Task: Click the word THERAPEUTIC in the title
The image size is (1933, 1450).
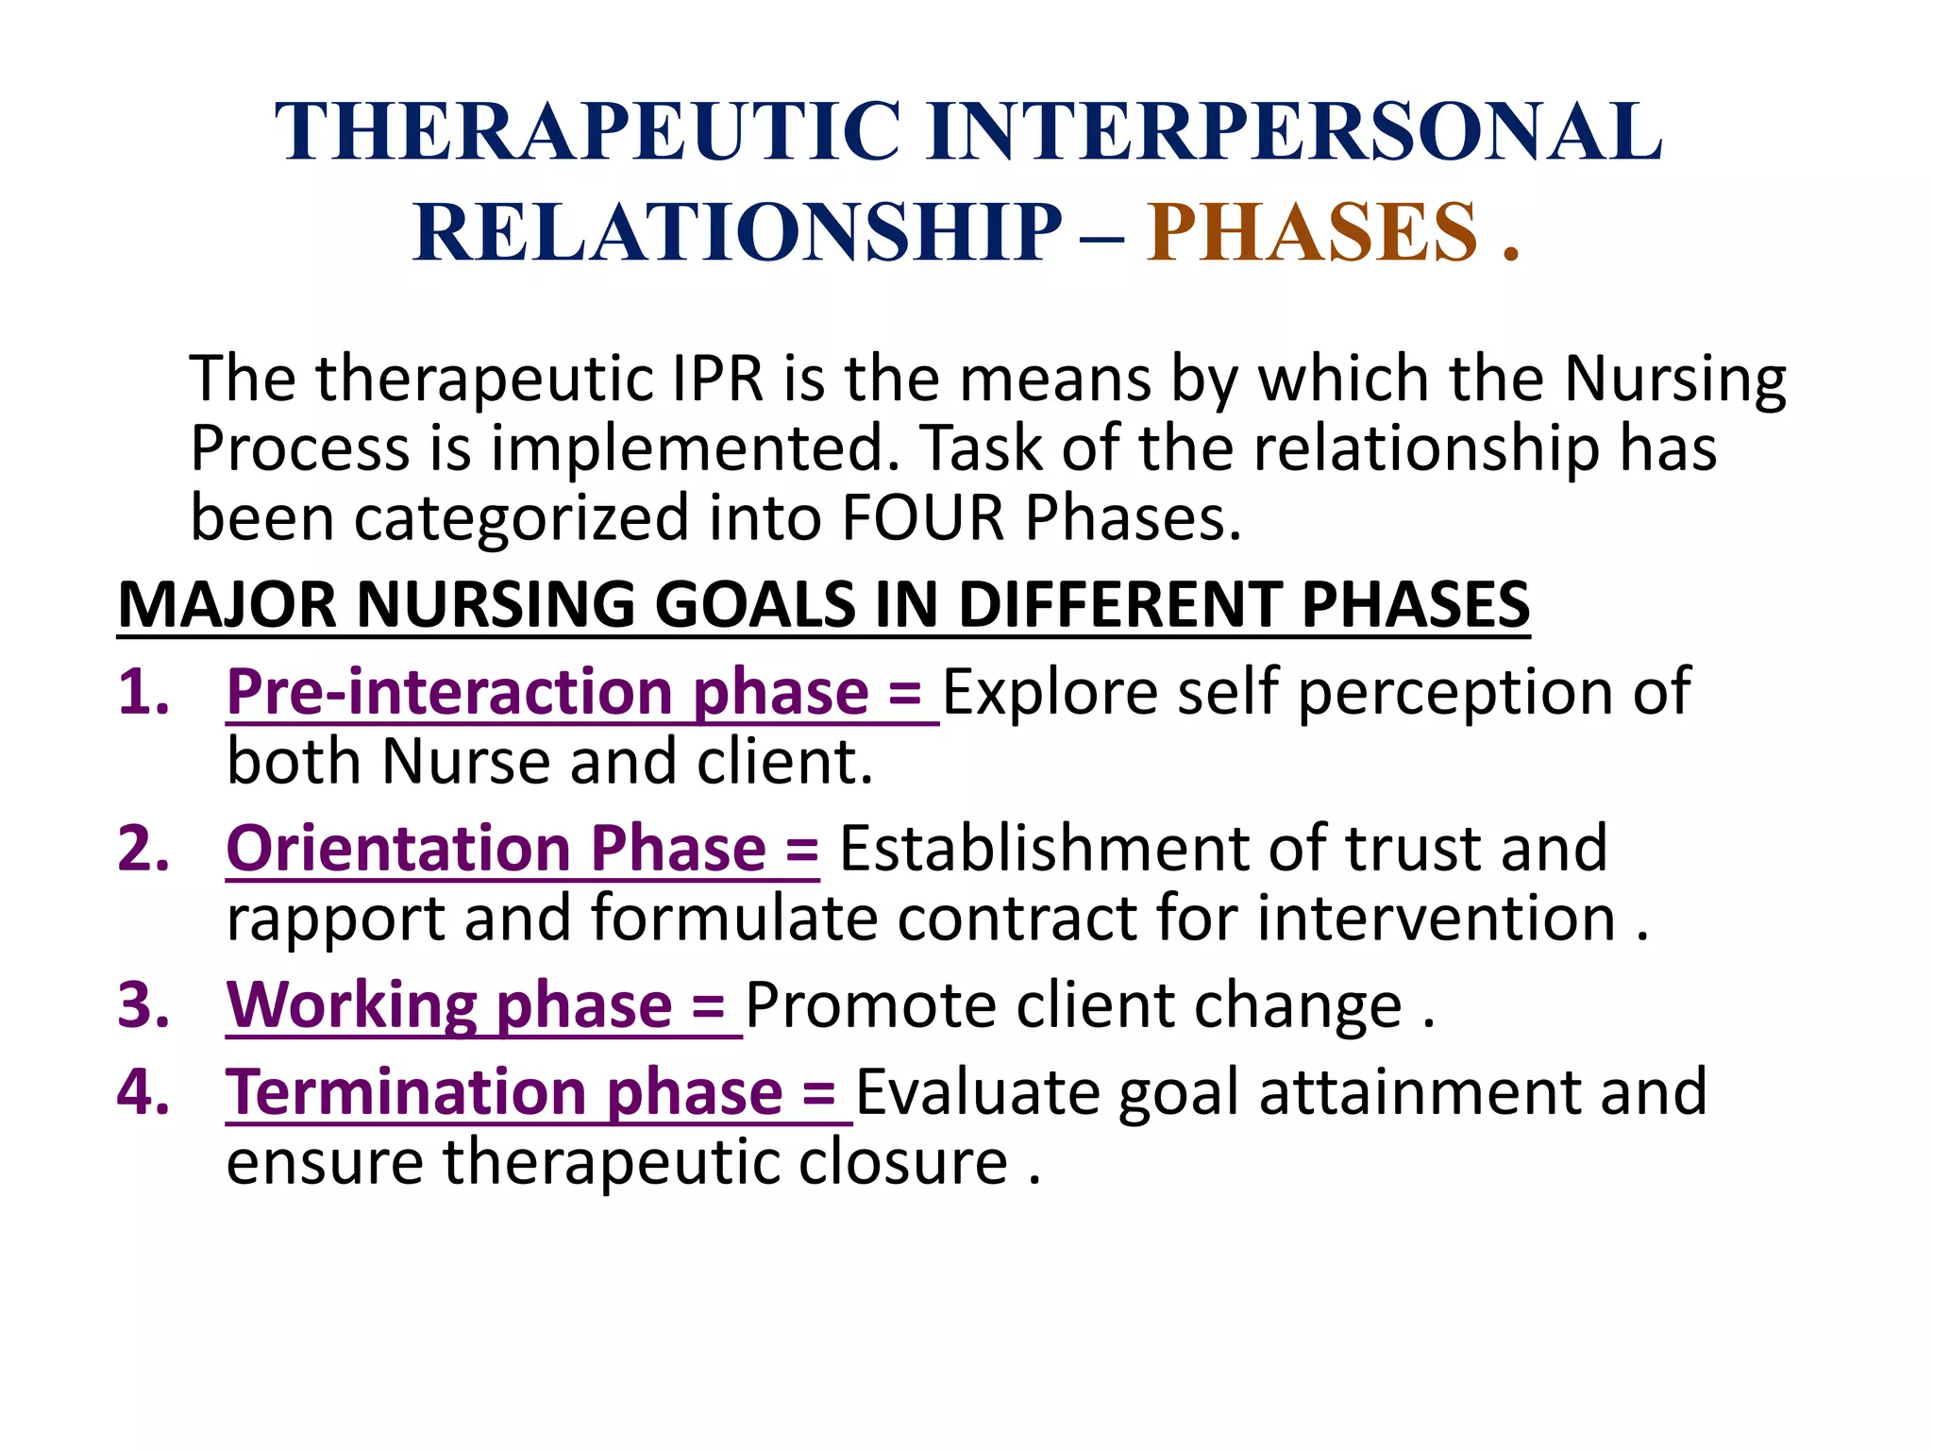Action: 587,132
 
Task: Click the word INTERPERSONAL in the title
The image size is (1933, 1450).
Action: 1294,132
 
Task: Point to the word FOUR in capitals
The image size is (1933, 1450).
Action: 922,518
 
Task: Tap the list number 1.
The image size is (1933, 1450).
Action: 143,691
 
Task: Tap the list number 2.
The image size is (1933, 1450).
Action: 143,848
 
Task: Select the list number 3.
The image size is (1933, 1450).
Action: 143,1004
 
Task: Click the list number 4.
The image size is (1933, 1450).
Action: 143,1091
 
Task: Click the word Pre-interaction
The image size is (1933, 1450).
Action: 449,692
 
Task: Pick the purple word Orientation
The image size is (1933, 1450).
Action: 396,848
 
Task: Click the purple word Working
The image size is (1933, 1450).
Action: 351,1005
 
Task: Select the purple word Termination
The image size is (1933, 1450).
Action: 406,1092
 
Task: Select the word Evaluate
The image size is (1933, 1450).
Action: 978,1092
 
